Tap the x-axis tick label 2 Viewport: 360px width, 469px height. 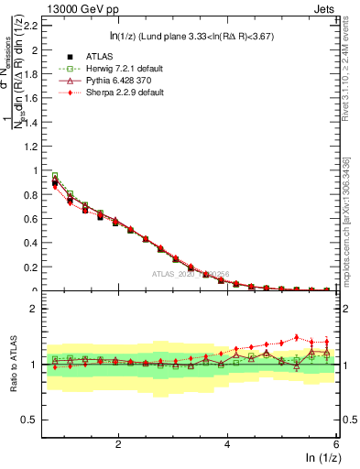tap(118, 444)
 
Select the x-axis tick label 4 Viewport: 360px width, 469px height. tap(227, 444)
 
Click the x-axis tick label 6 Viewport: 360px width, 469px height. tap(335, 444)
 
